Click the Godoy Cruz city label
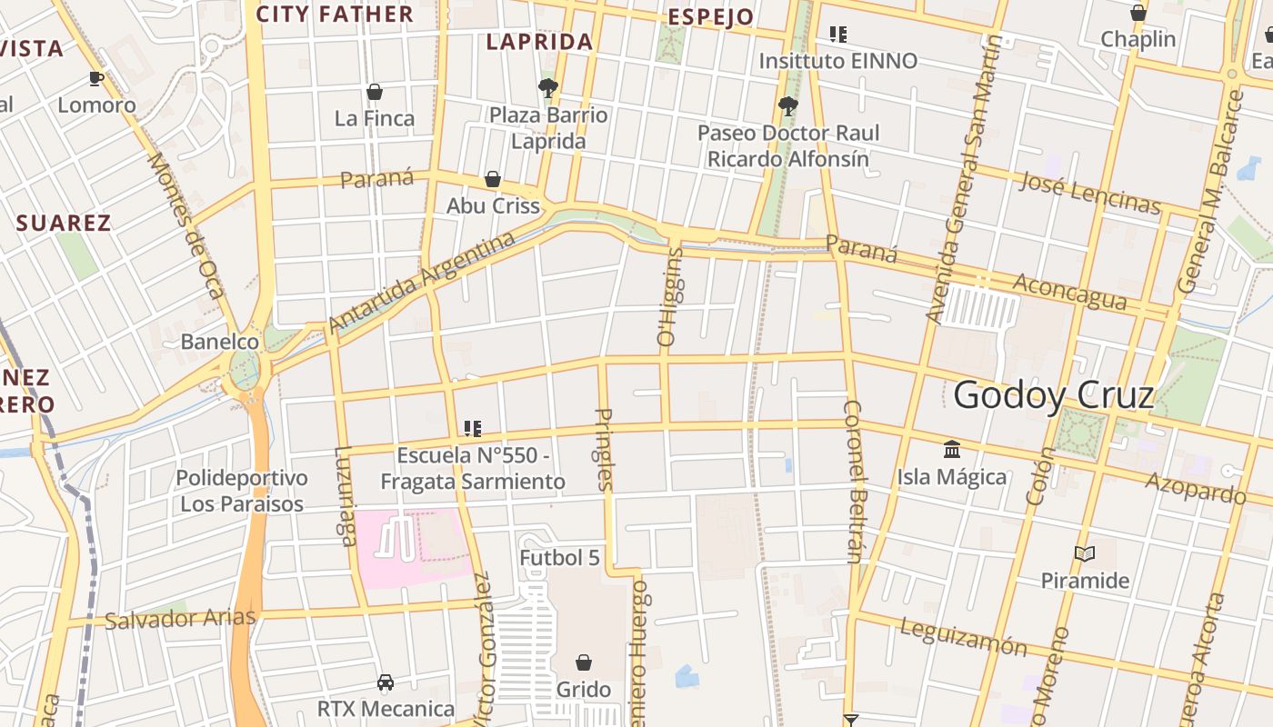tap(1054, 395)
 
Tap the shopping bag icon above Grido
tap(584, 662)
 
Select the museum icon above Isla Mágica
tap(952, 449)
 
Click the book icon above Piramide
tap(1084, 553)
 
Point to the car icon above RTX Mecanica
tap(386, 682)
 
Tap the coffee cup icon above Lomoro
tap(96, 78)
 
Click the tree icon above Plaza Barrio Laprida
tap(547, 88)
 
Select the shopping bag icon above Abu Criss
tap(493, 179)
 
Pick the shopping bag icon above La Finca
tap(374, 92)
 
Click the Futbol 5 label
tap(560, 557)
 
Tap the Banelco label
tap(220, 342)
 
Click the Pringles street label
tap(605, 450)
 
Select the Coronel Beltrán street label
tap(854, 481)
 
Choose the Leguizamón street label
tap(963, 637)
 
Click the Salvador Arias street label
tap(180, 620)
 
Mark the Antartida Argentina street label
tap(421, 283)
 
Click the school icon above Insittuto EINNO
tap(838, 35)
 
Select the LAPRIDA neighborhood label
tap(539, 41)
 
